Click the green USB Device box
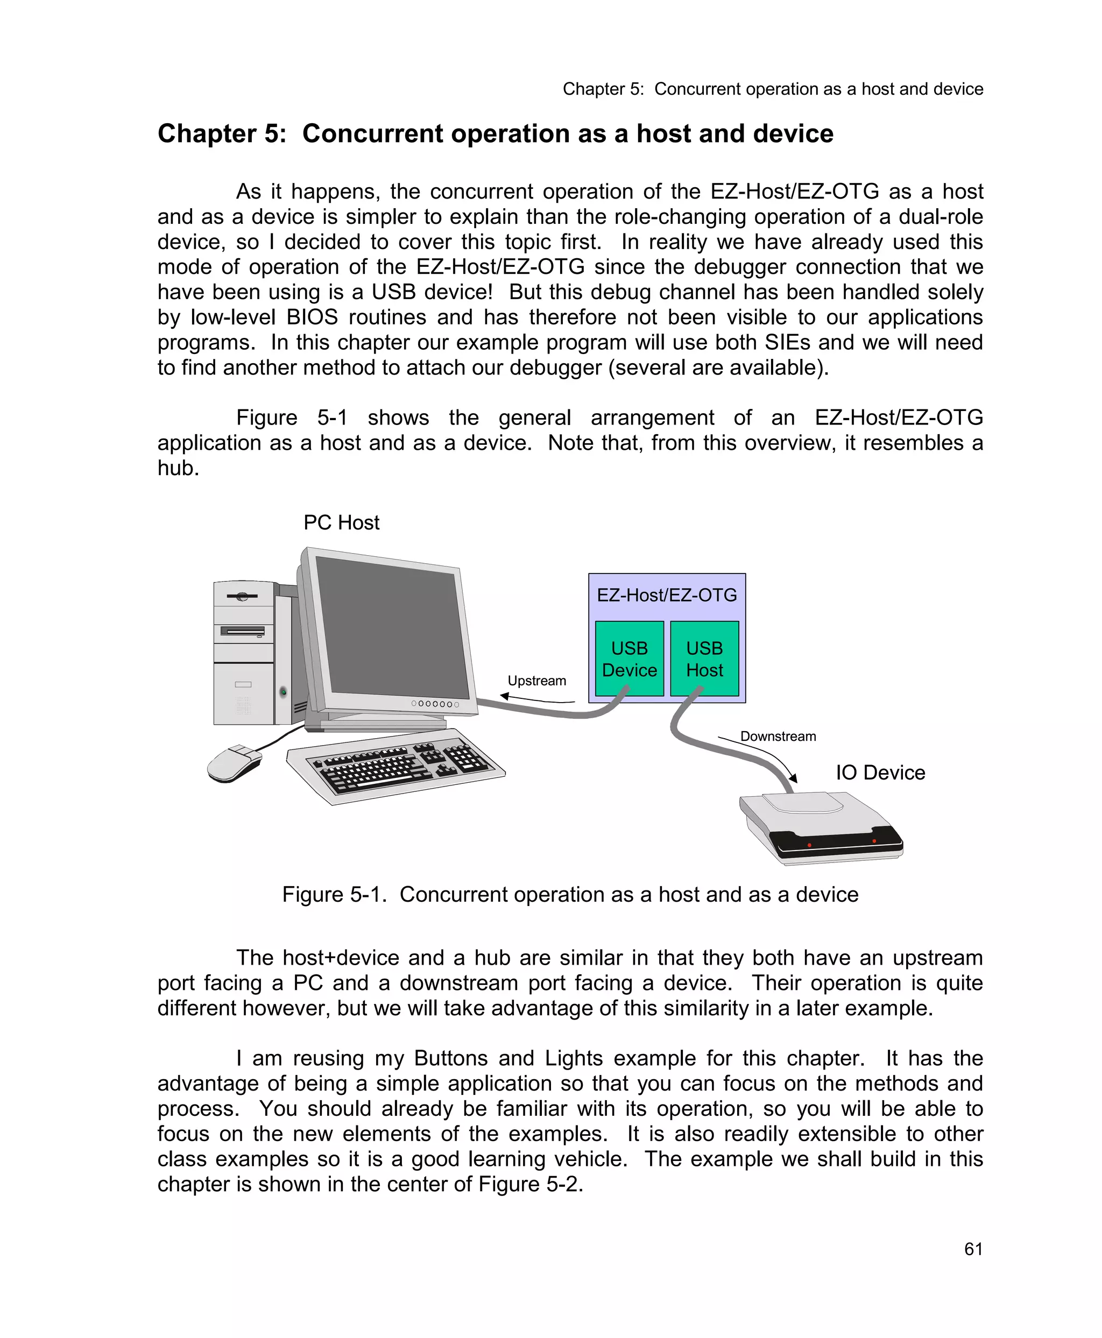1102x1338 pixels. (x=628, y=658)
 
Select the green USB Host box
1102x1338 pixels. (x=704, y=658)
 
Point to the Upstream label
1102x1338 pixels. (x=536, y=681)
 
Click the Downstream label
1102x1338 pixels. (x=778, y=737)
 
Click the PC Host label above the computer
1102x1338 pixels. (x=341, y=522)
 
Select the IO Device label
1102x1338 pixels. (x=880, y=773)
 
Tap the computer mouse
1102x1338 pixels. (x=233, y=763)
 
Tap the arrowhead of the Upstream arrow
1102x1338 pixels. (x=504, y=696)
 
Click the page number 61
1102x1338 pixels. (x=973, y=1249)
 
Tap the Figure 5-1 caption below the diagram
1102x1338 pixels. (x=569, y=894)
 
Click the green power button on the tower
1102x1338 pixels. (x=283, y=691)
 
